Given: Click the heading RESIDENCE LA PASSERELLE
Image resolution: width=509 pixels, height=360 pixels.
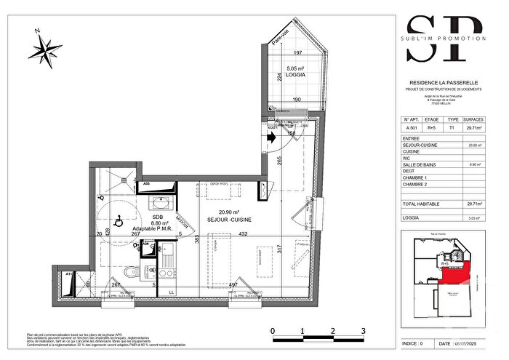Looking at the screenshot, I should coord(443,84).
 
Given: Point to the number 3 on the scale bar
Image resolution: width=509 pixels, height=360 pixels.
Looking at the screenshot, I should coord(362,331).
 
